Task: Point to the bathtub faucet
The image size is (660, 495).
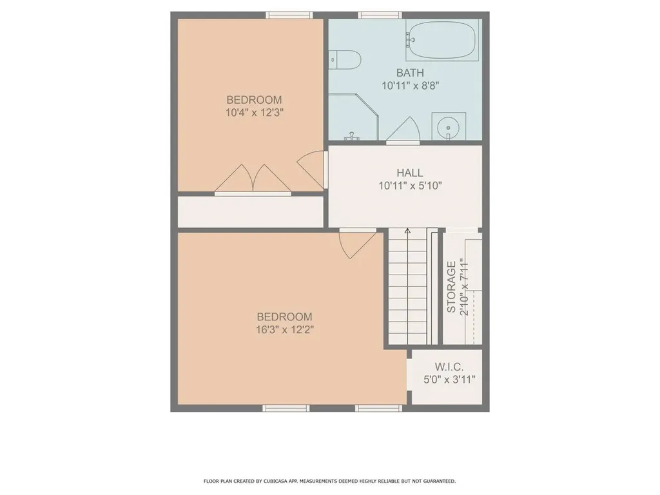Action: [410, 40]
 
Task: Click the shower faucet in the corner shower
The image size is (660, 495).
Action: [351, 135]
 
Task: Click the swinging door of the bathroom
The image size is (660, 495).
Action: [405, 131]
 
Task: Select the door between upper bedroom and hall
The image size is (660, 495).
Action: [313, 169]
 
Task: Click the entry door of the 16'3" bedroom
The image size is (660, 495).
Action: [356, 243]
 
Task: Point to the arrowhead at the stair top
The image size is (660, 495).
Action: [407, 229]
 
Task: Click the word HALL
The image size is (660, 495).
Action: [410, 173]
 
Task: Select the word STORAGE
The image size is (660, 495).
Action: [451, 287]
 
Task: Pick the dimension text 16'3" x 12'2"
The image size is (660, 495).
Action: [284, 329]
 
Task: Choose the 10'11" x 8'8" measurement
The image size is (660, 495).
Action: [410, 84]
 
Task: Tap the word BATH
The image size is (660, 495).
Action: [410, 72]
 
